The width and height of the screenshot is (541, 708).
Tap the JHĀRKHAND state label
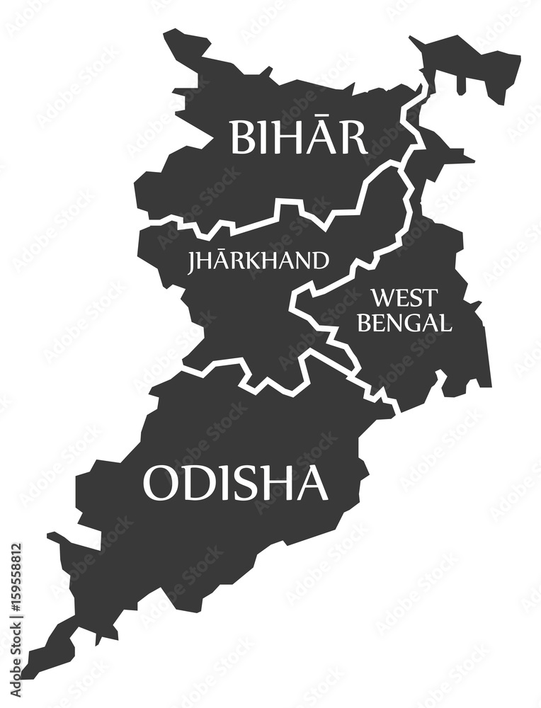[258, 261]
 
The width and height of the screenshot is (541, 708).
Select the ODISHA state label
[235, 484]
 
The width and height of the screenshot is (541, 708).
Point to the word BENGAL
[404, 322]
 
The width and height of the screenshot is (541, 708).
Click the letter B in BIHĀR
[241, 137]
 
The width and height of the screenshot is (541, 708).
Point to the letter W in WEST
[382, 297]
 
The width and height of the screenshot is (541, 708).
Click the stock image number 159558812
[16, 605]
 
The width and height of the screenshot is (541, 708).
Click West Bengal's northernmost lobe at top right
[482, 67]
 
